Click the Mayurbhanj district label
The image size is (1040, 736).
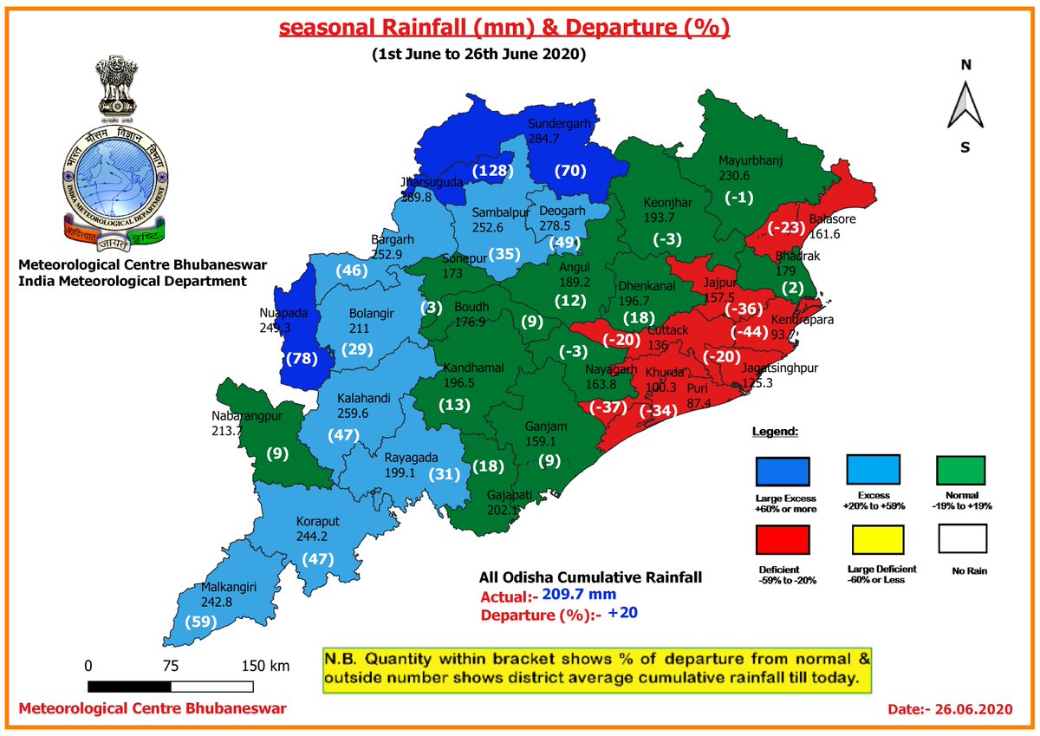pyautogui.click(x=751, y=160)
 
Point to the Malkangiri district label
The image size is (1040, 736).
pyautogui.click(x=231, y=587)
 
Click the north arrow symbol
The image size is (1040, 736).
pyautogui.click(x=965, y=107)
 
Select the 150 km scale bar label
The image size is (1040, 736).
pyautogui.click(x=265, y=666)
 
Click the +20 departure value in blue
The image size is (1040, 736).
pyautogui.click(x=623, y=613)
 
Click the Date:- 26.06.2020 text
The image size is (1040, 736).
pyautogui.click(x=950, y=709)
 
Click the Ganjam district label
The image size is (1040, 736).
pyautogui.click(x=546, y=427)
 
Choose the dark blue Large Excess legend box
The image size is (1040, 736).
pyautogui.click(x=783, y=472)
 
